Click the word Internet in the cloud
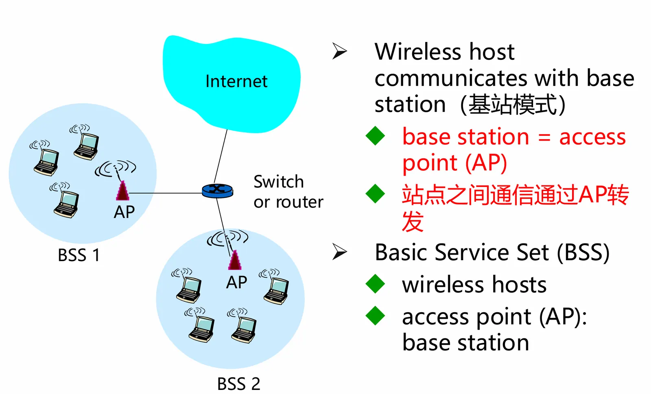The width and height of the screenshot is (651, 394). tap(236, 81)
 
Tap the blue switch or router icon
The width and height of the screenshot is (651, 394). tap(217, 190)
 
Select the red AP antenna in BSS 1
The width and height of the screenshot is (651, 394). tap(122, 191)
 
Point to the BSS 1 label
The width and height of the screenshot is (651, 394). tap(79, 255)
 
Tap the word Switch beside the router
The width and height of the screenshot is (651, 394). tap(279, 182)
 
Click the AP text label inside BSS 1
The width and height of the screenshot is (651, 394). tap(124, 212)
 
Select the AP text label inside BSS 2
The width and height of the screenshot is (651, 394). tap(236, 282)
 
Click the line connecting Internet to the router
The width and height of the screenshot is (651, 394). tap(221, 157)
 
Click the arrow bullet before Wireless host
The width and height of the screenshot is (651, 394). tap(339, 51)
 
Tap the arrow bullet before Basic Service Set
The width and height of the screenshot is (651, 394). tap(339, 252)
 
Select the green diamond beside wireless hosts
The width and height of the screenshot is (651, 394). tap(375, 284)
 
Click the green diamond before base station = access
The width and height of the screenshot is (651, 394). tap(375, 136)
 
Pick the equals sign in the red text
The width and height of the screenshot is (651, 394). tap(544, 137)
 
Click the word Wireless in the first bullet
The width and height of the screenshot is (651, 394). tap(418, 52)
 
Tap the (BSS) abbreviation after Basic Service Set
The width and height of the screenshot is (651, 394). tap(583, 253)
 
